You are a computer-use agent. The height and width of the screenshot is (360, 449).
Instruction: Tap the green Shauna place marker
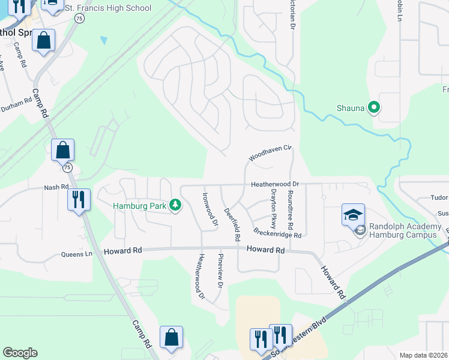[x=374, y=108]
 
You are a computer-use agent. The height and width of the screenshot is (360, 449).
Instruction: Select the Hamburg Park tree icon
[x=175, y=206]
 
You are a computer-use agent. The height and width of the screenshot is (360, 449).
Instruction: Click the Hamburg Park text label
[x=140, y=206]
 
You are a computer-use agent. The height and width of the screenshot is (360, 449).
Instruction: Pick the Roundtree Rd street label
[x=290, y=210]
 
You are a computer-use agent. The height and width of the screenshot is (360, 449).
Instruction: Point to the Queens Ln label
[x=77, y=254]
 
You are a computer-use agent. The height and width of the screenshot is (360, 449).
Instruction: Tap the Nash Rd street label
[x=53, y=187]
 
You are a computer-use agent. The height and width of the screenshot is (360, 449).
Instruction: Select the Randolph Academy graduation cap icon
[x=353, y=214]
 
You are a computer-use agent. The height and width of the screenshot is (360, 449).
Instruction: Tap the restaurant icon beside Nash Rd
[x=79, y=199]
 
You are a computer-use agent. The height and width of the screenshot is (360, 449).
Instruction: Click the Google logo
[x=20, y=353]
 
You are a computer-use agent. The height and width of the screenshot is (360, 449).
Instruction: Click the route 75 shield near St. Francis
[x=79, y=19]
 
